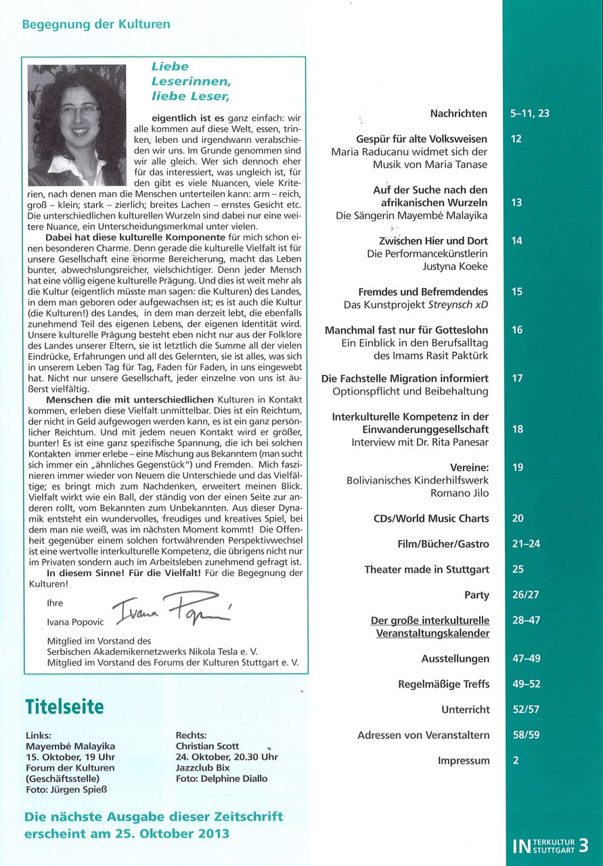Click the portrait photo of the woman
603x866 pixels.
coord(76,125)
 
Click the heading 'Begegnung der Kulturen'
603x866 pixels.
coord(96,24)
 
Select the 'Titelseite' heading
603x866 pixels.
coord(65,707)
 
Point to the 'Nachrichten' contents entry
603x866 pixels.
coord(459,114)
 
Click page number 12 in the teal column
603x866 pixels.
coord(517,139)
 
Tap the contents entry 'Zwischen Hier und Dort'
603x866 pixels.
coord(434,241)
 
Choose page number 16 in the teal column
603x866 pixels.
coord(517,330)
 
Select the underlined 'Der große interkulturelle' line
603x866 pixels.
coord(430,620)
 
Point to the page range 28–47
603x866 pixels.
coord(527,620)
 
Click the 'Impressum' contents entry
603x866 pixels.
coord(464,760)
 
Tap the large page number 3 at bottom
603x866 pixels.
coord(583,845)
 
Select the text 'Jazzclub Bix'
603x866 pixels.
coord(203,768)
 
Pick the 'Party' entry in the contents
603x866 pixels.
coord(476,595)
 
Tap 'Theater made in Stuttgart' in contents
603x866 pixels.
coord(426,570)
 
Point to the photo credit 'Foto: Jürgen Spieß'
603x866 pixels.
coord(67,790)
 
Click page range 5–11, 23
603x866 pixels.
coord(530,114)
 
